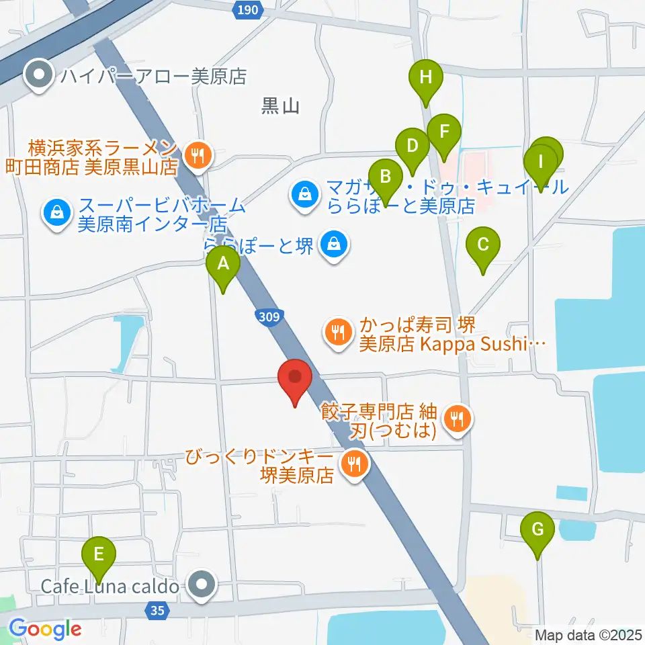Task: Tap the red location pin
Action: (x=296, y=378)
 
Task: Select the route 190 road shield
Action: (x=247, y=9)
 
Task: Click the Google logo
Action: (x=45, y=629)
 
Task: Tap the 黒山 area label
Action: (x=279, y=106)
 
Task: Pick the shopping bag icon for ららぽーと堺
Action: (x=334, y=243)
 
